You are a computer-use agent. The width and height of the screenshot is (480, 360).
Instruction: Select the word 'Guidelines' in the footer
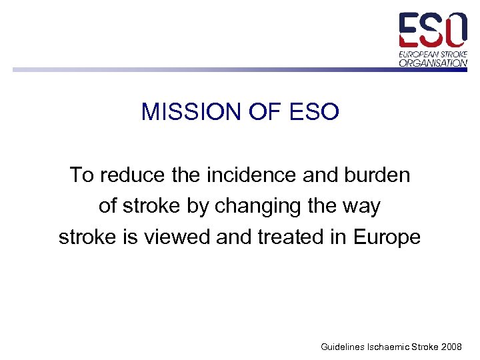342,347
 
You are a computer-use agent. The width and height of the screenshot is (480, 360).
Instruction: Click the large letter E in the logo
410,30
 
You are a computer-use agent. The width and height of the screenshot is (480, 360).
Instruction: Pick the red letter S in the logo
433,30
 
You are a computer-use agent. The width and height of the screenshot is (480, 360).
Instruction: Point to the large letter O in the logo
456,30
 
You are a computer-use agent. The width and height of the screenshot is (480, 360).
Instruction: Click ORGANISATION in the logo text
433,63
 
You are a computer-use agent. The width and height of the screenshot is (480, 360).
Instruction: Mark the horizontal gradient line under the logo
200,69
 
